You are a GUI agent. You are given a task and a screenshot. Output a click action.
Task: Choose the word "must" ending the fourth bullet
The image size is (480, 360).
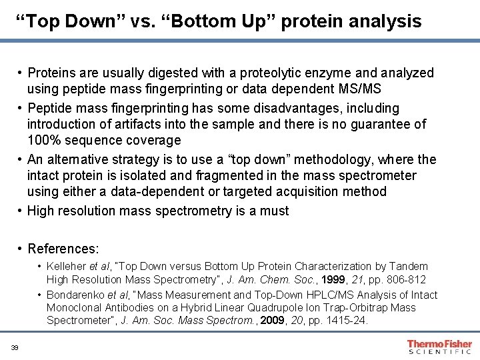point(275,211)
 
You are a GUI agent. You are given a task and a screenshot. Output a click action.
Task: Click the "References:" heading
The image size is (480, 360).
point(63,249)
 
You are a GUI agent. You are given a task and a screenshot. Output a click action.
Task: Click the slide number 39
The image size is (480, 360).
point(14,347)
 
